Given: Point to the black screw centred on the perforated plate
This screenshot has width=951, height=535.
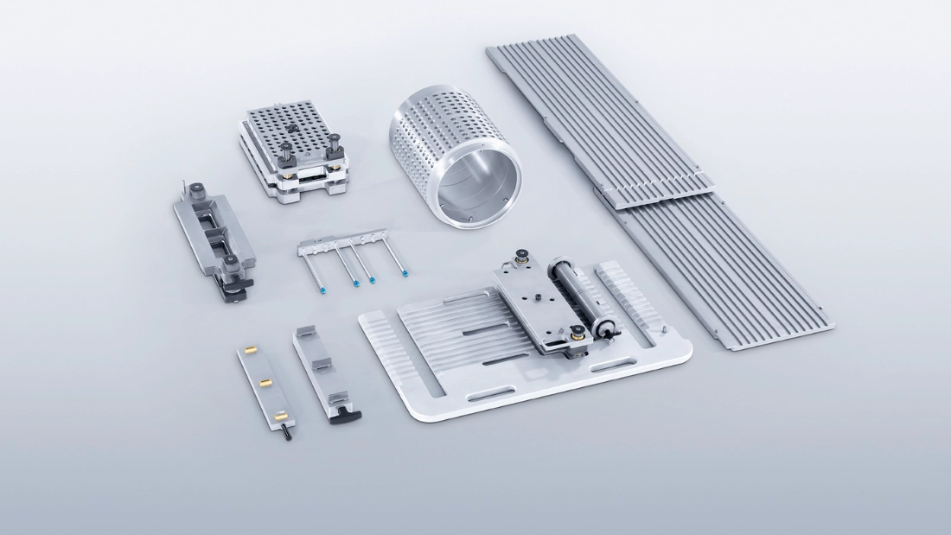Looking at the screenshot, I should tap(292, 128).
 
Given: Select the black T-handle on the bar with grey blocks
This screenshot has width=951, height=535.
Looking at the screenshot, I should tap(347, 415).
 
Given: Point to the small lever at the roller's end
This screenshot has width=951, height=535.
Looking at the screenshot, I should tap(609, 328).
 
